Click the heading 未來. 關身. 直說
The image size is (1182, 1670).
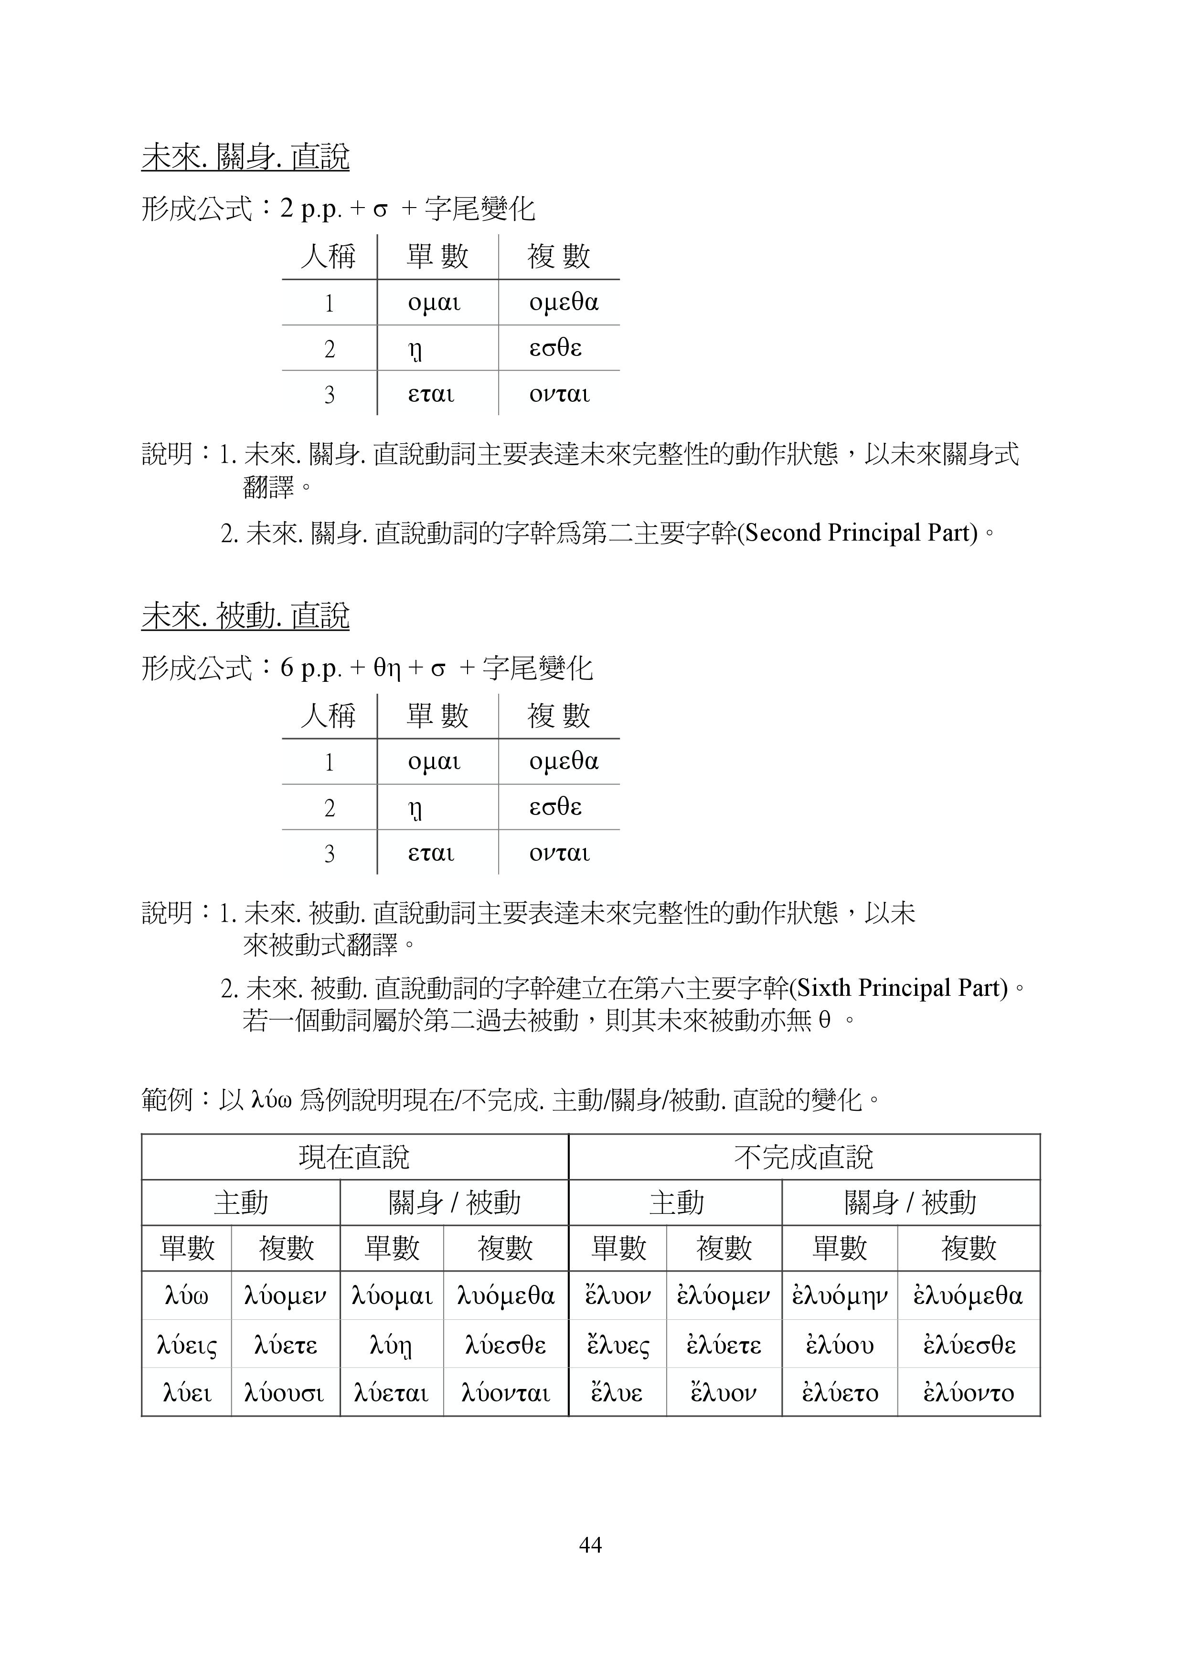245,157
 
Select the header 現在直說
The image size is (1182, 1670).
354,1157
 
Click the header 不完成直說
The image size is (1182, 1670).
804,1157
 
